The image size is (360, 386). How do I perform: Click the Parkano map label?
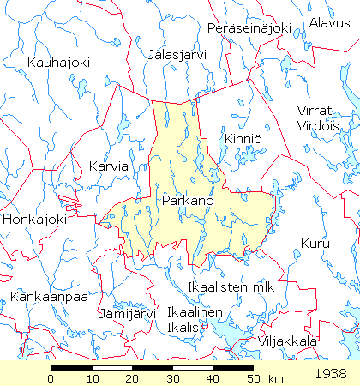coord(187,200)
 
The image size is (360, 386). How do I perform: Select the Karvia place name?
coord(108,166)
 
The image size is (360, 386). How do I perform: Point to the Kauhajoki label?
coord(57,63)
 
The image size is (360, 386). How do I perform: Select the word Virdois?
coord(319,125)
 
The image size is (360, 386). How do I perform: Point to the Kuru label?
coord(314,244)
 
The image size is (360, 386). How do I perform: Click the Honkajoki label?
coord(34,220)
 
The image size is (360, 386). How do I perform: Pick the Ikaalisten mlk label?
coord(231,286)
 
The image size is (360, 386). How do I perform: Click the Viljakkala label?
coord(289,341)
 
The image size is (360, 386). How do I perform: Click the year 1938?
coord(331,374)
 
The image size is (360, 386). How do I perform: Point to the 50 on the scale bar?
coord(252,378)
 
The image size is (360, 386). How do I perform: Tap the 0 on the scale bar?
coord(51,378)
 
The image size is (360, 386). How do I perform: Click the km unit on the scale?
coord(275,378)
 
